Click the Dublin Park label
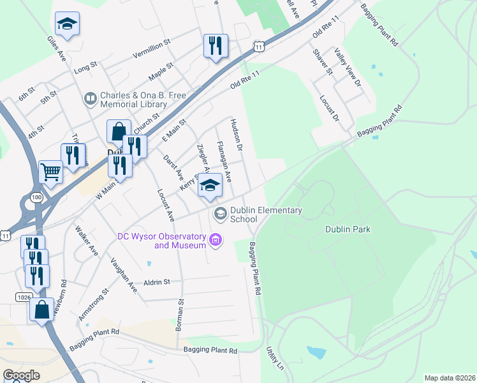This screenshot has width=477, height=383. [x=348, y=229]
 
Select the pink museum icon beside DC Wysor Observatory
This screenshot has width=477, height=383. [x=216, y=241]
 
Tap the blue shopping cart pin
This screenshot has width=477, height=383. [x=50, y=171]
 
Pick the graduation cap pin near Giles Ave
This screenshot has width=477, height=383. [x=67, y=25]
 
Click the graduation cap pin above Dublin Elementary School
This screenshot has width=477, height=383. [x=209, y=185]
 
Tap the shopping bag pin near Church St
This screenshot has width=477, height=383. [x=119, y=132]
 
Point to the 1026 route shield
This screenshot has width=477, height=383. [x=22, y=297]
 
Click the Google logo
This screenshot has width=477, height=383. [x=21, y=375]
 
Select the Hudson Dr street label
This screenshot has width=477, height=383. [x=237, y=135]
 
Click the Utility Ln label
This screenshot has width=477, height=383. [x=275, y=359]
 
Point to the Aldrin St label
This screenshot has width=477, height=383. [x=157, y=282]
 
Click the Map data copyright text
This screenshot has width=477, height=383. [x=449, y=378]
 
